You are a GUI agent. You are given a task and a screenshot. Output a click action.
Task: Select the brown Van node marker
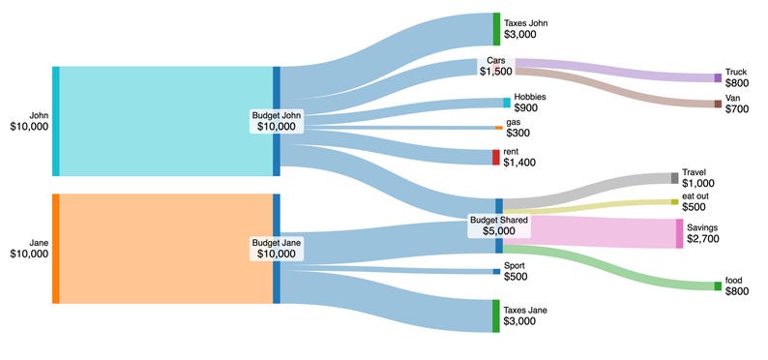[x=717, y=104]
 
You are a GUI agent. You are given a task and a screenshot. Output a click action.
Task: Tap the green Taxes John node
[x=496, y=29]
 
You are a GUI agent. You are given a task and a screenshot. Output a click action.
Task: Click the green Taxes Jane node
[x=496, y=315]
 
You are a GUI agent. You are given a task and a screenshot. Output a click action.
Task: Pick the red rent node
[x=495, y=157]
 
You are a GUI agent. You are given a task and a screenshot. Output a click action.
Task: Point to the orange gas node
[x=498, y=128]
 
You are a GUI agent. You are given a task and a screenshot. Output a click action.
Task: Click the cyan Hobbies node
[x=506, y=102]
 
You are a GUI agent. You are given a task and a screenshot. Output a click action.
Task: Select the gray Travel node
[x=674, y=178]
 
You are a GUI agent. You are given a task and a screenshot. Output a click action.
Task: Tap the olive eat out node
[x=674, y=201]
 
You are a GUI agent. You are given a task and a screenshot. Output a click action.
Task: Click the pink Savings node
[x=678, y=233]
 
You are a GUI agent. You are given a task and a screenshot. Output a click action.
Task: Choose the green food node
[x=717, y=285]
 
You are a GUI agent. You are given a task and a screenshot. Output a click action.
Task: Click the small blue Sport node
[x=496, y=271]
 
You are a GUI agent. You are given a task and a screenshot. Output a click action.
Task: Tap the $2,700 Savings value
[x=703, y=238]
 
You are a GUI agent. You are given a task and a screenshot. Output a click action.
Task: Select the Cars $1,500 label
[x=496, y=66]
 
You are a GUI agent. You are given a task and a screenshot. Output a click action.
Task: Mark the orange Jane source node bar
[x=55, y=249]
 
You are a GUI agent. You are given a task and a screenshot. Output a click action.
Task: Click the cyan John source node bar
[x=55, y=121]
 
